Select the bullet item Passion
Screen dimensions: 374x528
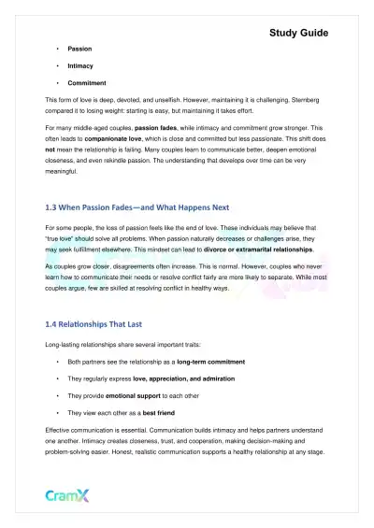point(79,48)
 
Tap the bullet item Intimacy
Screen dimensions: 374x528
point(80,66)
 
